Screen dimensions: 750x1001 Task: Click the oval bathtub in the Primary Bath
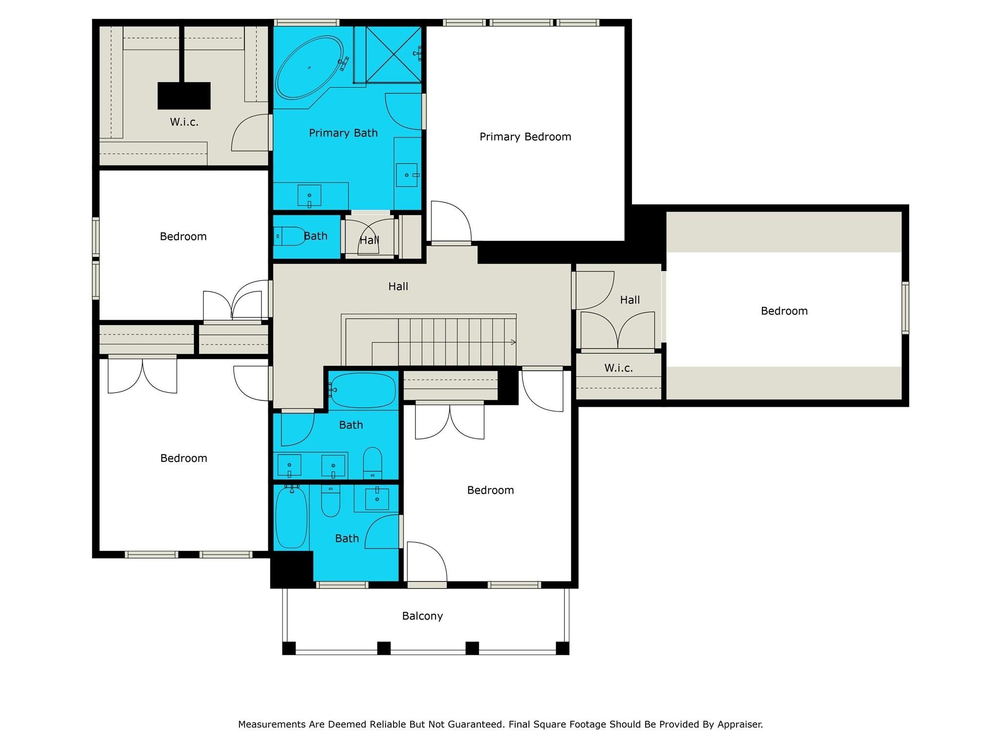(x=309, y=67)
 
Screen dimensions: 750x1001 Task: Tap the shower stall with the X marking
(x=393, y=54)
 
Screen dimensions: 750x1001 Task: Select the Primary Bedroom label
(x=525, y=137)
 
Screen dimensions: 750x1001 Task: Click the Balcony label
(x=422, y=616)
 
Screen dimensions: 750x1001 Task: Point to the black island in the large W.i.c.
(x=184, y=96)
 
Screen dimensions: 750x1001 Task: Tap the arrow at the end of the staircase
(x=513, y=342)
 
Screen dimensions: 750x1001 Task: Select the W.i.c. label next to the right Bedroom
(x=618, y=368)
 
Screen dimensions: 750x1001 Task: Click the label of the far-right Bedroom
(x=784, y=311)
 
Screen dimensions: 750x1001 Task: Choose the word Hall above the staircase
(x=398, y=287)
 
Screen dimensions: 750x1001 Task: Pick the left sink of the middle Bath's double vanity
(x=289, y=465)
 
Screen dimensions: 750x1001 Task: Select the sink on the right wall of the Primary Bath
(x=407, y=175)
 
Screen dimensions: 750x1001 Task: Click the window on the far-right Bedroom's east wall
(x=905, y=308)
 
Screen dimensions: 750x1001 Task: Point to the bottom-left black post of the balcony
(x=289, y=648)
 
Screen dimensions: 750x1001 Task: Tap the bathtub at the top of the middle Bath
(x=362, y=390)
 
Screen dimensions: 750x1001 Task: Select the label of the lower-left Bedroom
(x=184, y=458)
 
